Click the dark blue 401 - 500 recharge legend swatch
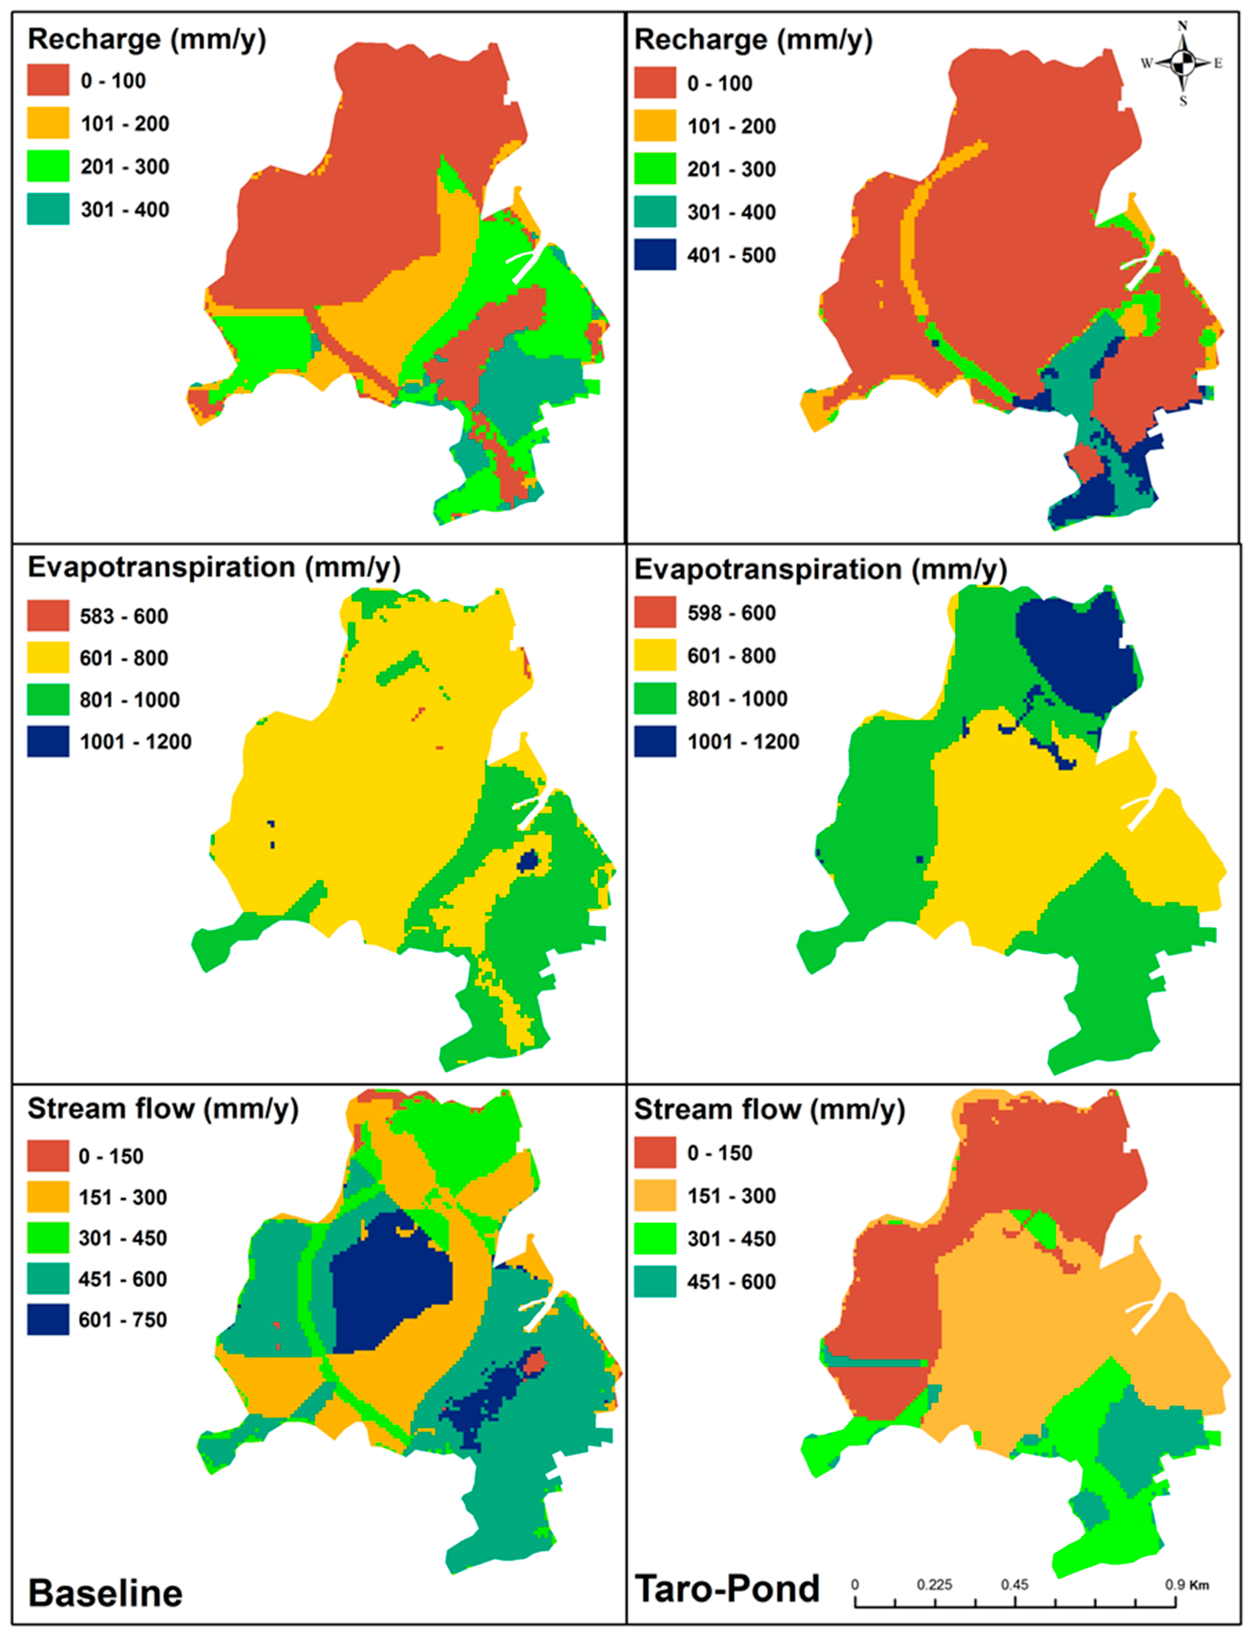click(x=655, y=255)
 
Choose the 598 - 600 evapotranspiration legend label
click(x=731, y=613)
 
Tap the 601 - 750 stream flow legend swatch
click(x=48, y=1320)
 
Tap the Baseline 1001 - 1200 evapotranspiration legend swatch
click(x=48, y=741)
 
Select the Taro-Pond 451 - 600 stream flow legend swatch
click(x=655, y=1282)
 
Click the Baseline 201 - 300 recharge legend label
click(x=124, y=167)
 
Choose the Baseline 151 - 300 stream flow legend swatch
click(x=48, y=1197)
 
